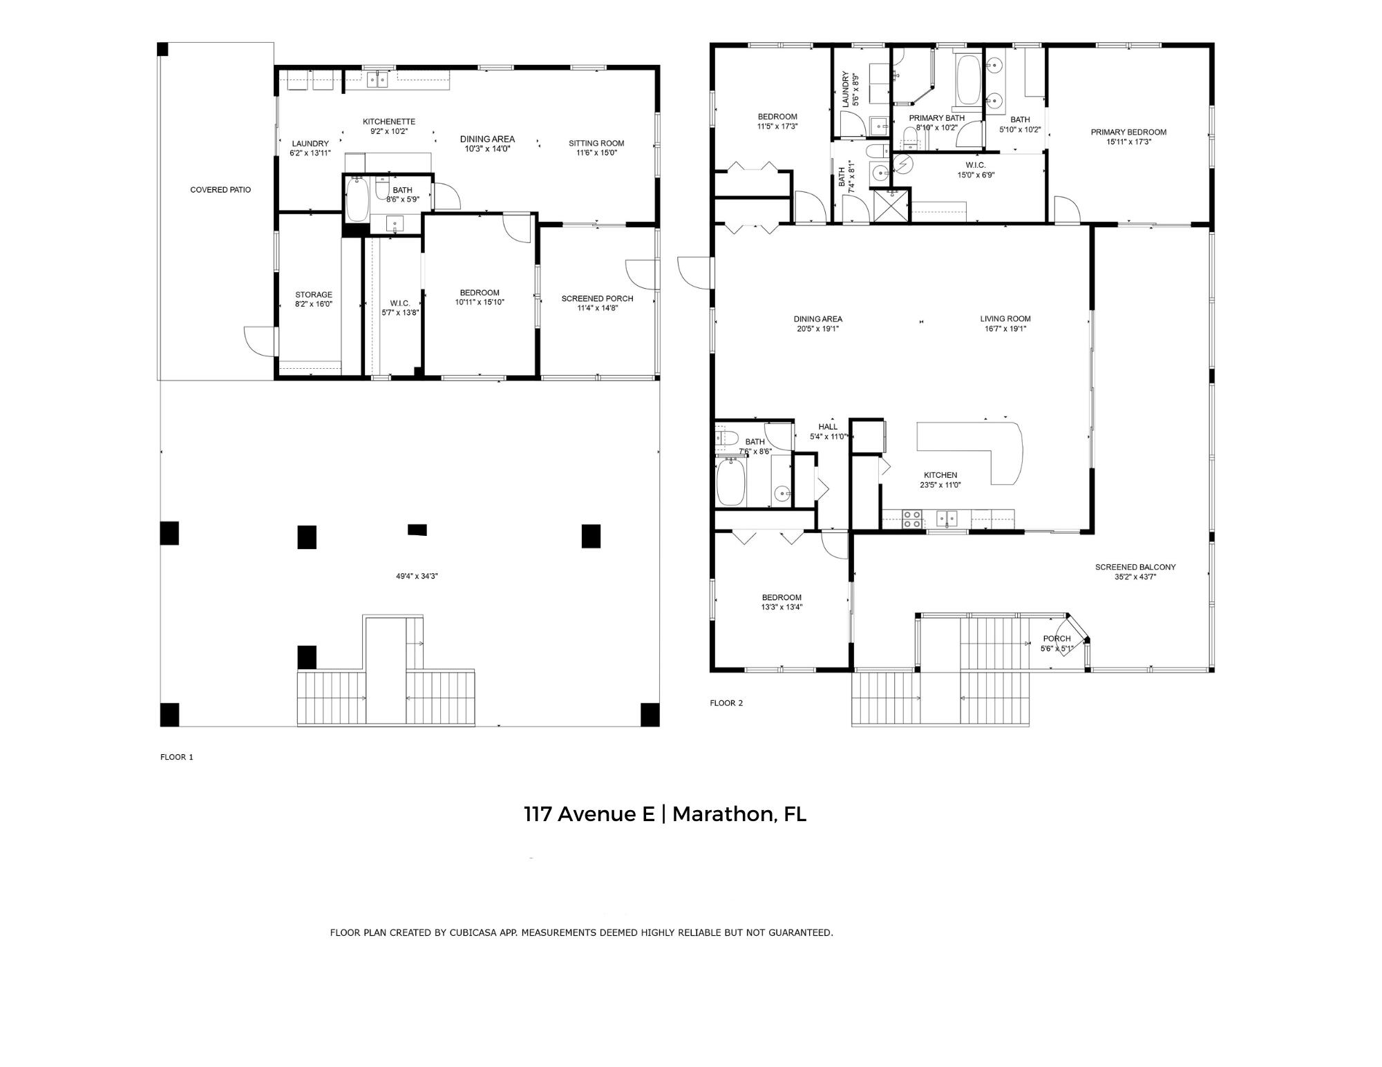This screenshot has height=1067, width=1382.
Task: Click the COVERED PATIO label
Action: tap(220, 190)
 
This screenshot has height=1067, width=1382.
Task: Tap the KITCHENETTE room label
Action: tap(389, 122)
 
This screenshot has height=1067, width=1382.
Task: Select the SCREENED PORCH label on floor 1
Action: tap(597, 298)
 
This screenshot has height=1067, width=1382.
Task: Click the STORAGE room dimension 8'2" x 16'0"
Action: tap(314, 304)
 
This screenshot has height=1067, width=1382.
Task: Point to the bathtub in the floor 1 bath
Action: tap(357, 200)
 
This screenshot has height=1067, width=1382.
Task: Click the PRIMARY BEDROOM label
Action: tap(1128, 132)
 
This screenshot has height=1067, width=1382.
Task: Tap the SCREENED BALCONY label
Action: tap(1135, 567)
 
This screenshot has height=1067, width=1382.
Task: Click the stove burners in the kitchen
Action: tap(912, 519)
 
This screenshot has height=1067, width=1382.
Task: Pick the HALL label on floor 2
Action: tap(828, 427)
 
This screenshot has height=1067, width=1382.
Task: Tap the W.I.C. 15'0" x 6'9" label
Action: tap(975, 170)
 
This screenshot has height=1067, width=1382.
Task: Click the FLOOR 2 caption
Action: tap(726, 703)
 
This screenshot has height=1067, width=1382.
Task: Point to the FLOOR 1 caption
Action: tap(177, 757)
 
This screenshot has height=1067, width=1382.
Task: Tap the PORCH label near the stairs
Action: tap(1057, 638)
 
